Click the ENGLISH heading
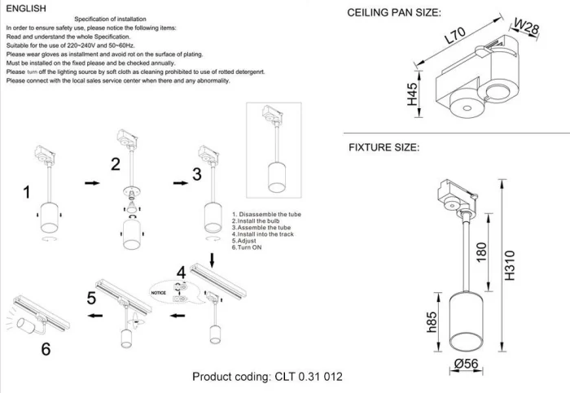coord(22,7)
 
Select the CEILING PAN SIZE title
coord(394,14)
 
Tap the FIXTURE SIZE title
coord(384,148)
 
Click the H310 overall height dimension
coord(511,264)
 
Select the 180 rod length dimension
coord(482,251)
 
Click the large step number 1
coord(26,193)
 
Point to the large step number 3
coord(196,175)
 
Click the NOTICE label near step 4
coord(159,290)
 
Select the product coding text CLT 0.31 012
coord(268,378)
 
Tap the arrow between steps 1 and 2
coord(92,184)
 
